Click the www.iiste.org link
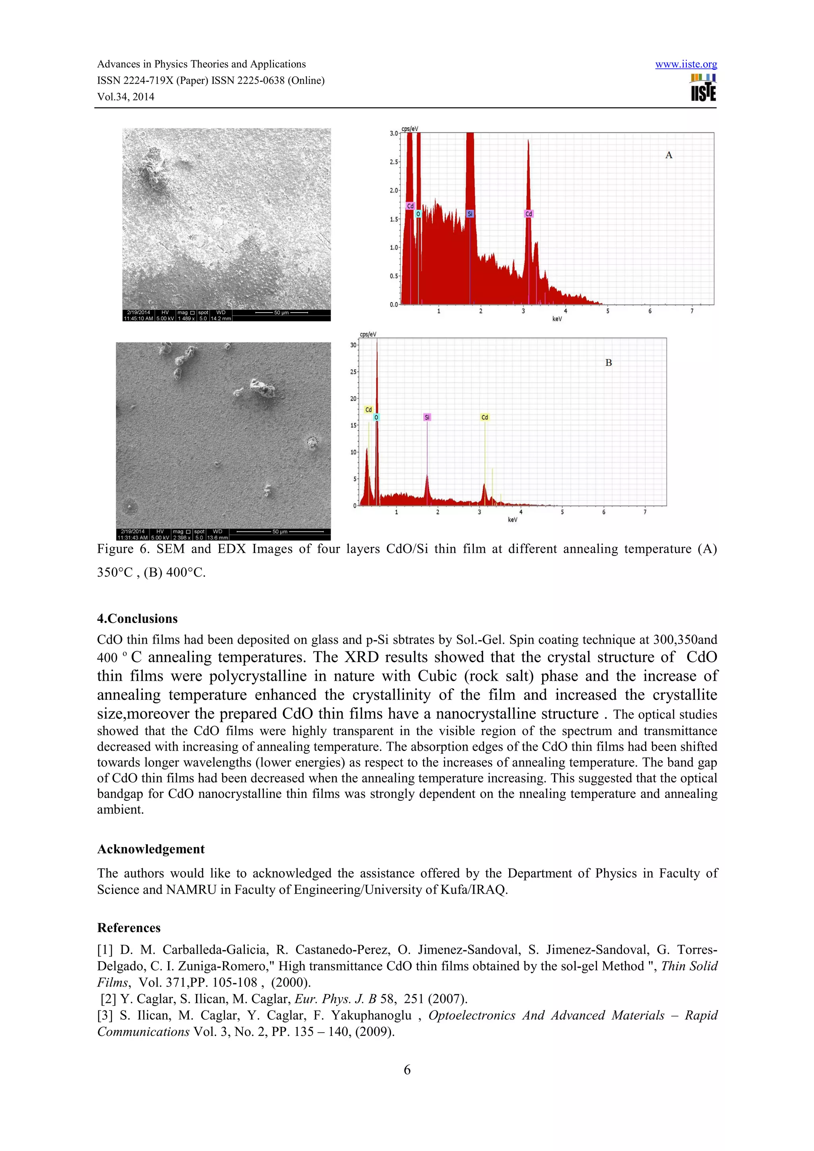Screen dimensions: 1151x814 [686, 64]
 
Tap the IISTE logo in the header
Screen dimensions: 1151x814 [703, 88]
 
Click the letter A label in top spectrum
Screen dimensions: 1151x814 [669, 155]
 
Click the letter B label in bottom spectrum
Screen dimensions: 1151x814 [609, 363]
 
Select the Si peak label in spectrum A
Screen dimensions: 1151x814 [470, 214]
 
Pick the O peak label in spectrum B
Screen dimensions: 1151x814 [376, 417]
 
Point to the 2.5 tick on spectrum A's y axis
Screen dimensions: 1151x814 [394, 162]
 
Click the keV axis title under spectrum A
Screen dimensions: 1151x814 [557, 319]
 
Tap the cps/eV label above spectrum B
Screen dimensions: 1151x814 [368, 334]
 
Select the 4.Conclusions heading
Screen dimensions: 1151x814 [138, 619]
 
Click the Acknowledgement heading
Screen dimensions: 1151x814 [151, 849]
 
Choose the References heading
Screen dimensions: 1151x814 [129, 928]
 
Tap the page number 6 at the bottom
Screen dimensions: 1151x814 [407, 1070]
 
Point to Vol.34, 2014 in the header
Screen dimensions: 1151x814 [125, 97]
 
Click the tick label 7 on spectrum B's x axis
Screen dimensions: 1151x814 [645, 512]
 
